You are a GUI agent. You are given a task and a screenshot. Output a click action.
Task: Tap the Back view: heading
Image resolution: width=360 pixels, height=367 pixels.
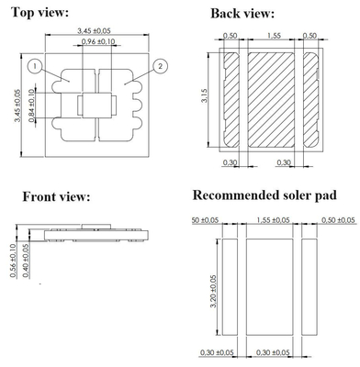[242, 14]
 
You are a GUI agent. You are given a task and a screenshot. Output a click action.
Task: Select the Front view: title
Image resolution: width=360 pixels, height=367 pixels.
[55, 197]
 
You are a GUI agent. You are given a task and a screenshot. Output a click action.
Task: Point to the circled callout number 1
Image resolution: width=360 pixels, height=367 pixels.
[34, 67]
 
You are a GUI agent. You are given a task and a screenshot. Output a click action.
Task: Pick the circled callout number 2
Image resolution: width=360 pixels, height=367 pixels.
[160, 66]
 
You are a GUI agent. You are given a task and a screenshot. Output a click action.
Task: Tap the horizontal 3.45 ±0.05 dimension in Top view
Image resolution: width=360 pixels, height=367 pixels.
[96, 33]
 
